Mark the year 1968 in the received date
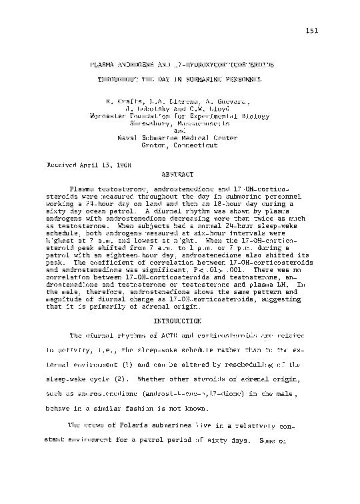pyautogui.click(x=122, y=163)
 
